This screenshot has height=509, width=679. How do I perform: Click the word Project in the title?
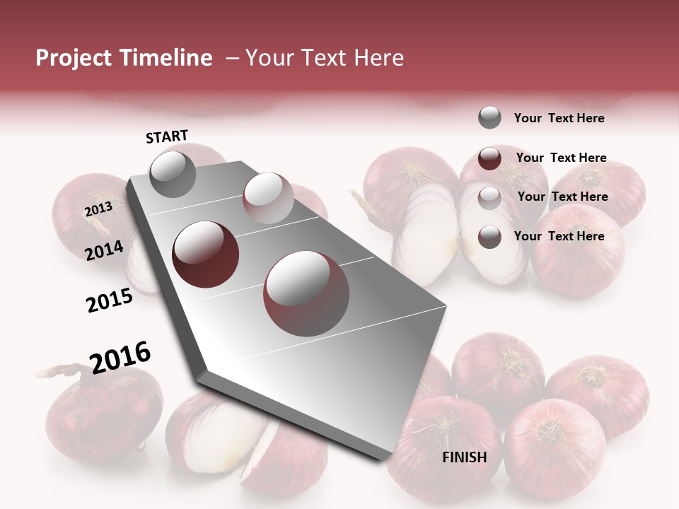pyautogui.click(x=74, y=59)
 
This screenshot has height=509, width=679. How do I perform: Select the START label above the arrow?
pyautogui.click(x=167, y=136)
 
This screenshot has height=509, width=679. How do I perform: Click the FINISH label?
pyautogui.click(x=465, y=457)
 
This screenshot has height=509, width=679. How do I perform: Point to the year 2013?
pyautogui.click(x=98, y=209)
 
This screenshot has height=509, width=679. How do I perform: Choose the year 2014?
pyautogui.click(x=105, y=250)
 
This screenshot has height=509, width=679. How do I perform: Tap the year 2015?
pyautogui.click(x=110, y=300)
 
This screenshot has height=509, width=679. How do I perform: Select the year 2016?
pyautogui.click(x=120, y=357)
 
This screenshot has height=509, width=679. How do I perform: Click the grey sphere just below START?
pyautogui.click(x=173, y=175)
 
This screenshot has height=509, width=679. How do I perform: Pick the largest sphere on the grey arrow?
pyautogui.click(x=306, y=293)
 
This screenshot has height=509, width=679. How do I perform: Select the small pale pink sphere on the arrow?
pyautogui.click(x=267, y=198)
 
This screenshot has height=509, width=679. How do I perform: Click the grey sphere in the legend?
pyautogui.click(x=489, y=118)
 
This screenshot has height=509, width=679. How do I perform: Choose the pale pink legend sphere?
pyautogui.click(x=489, y=197)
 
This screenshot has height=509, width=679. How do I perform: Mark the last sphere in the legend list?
pyautogui.click(x=489, y=237)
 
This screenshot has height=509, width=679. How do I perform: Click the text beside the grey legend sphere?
pyautogui.click(x=559, y=119)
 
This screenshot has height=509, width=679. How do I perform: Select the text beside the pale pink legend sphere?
pyautogui.click(x=562, y=197)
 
